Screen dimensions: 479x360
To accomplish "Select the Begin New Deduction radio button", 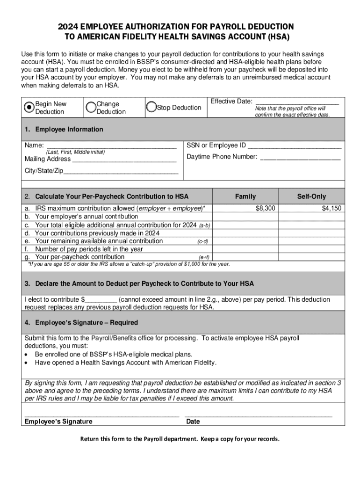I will pos(29,107).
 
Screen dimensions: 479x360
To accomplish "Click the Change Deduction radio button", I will pos(91,107).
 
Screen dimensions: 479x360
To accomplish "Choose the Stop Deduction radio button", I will pos(151,107).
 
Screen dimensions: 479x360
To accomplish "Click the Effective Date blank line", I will pos(297,101).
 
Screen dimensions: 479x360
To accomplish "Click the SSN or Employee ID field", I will pos(295,145).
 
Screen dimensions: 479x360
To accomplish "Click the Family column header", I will pos(245,196).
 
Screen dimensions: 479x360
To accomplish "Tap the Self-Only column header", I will pos(311,196).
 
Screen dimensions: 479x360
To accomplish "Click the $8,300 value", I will pos(265,208).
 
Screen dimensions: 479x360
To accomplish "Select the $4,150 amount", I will pos(331,208).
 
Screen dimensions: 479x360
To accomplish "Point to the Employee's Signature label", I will pos(58,421).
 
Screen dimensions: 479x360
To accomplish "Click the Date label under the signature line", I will pos(193,421).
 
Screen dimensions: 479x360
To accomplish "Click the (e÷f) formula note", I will pos(204,257).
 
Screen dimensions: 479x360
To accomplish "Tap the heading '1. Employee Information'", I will pos(64,130).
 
